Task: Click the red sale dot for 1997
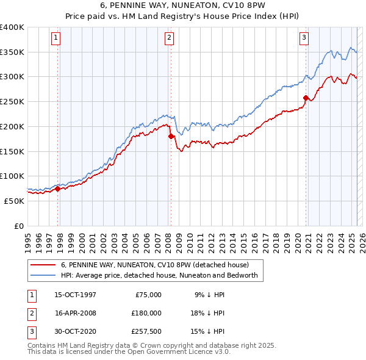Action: (58, 189)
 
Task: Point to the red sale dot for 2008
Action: (171, 136)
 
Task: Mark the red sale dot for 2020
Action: (306, 98)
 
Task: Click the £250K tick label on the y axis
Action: (12, 101)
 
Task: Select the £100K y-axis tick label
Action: (12, 176)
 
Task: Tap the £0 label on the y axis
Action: (18, 226)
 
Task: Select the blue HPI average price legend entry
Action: (160, 275)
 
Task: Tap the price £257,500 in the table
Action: (146, 331)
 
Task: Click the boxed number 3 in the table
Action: (31, 331)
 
